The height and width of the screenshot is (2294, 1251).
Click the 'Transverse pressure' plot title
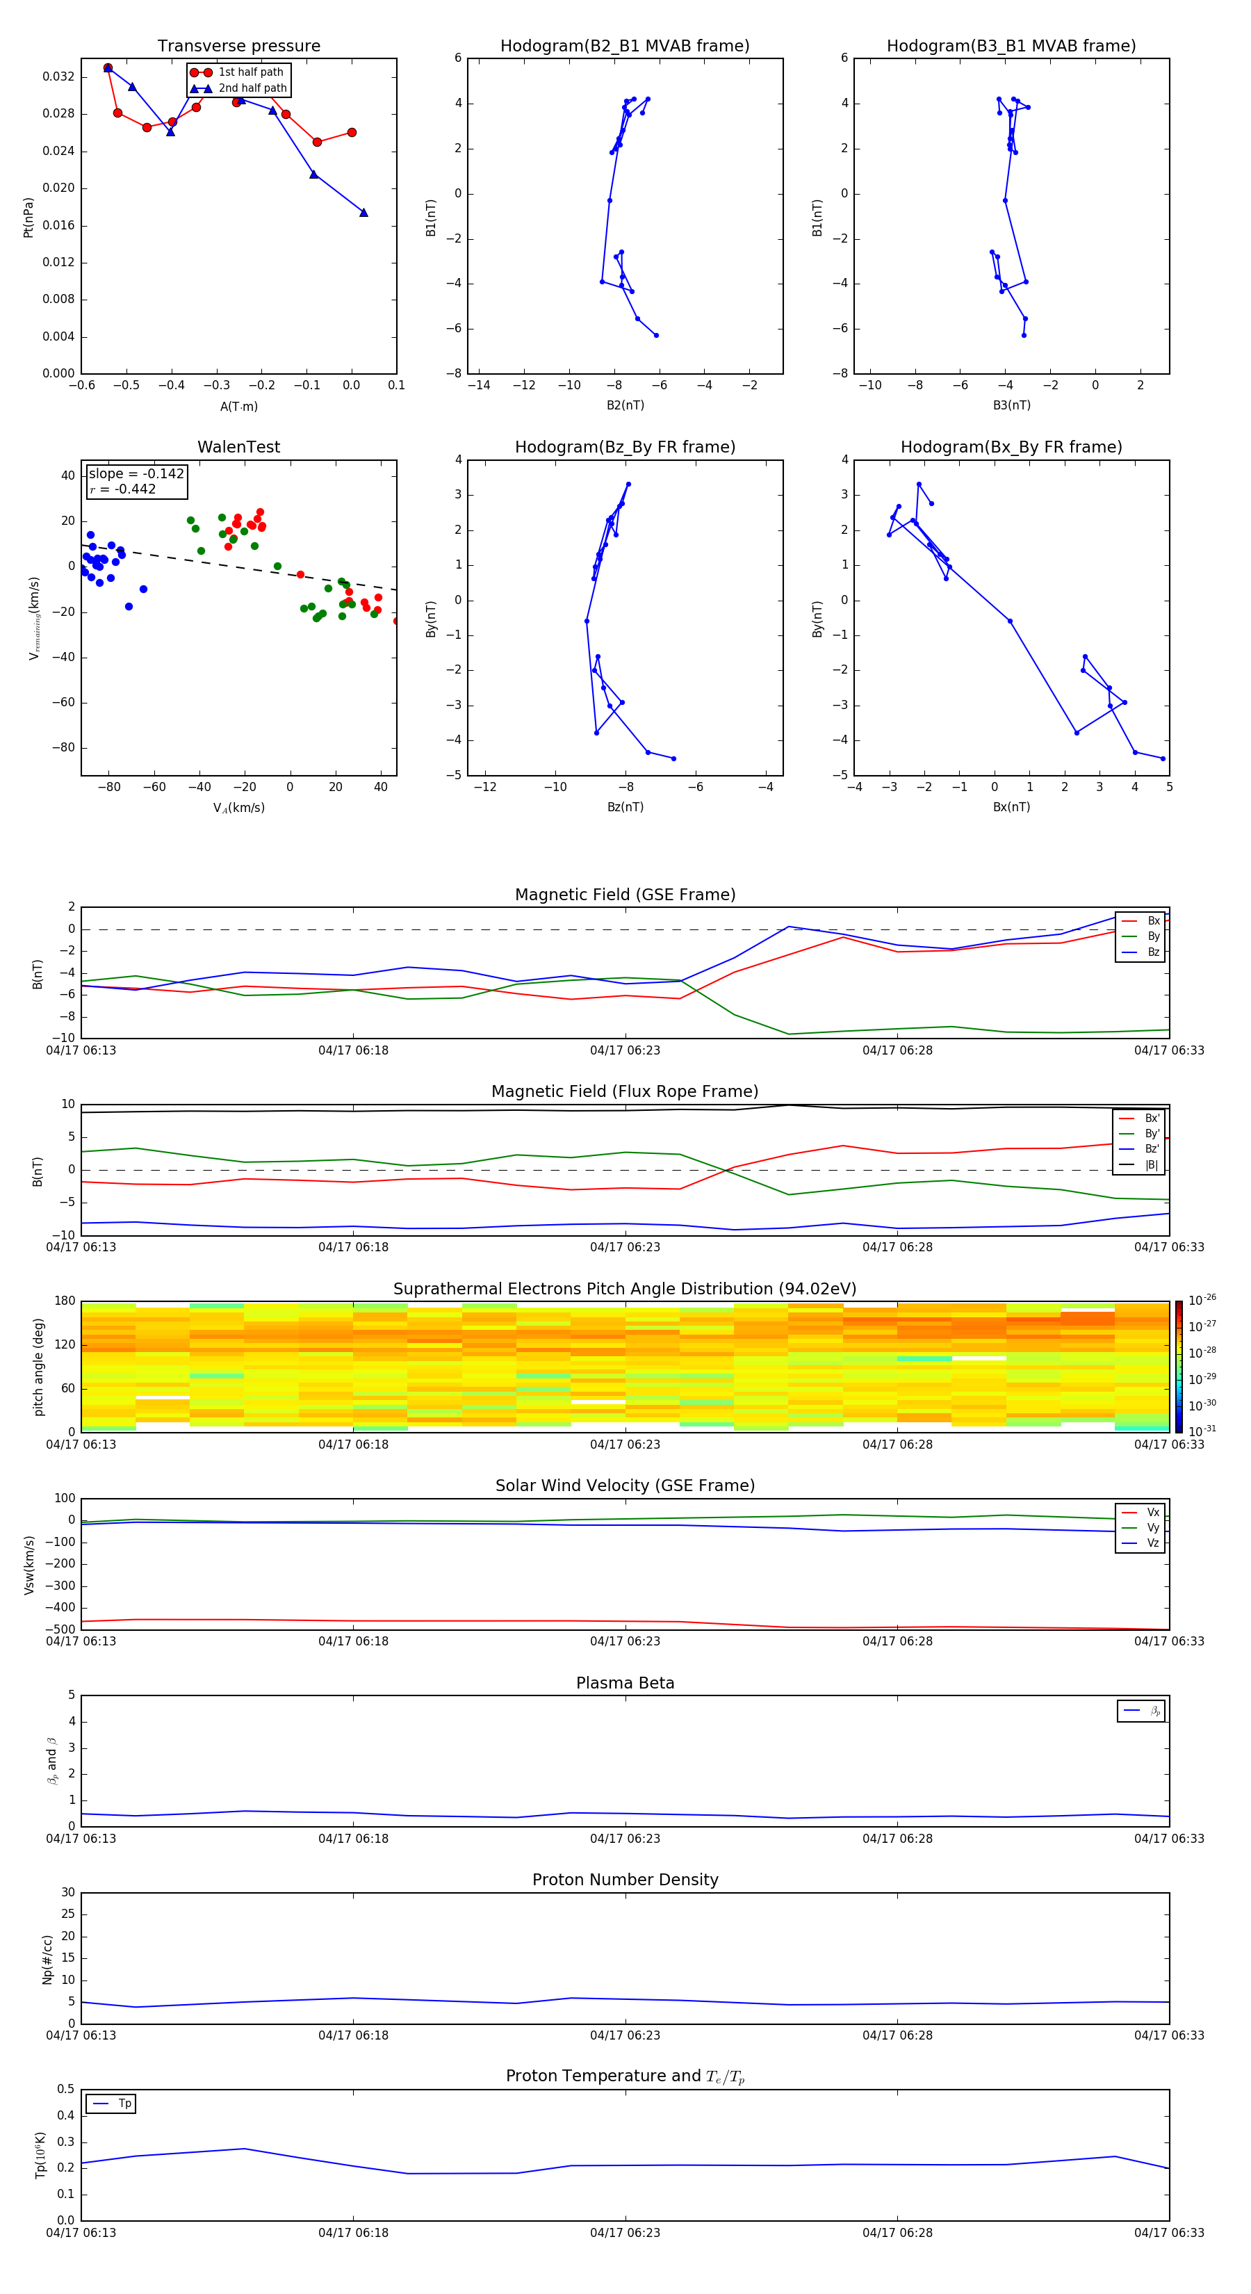click(x=238, y=47)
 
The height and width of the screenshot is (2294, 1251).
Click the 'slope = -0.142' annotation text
click(x=136, y=474)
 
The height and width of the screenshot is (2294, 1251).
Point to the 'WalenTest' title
click(x=238, y=447)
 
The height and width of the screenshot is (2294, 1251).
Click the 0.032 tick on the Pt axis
click(x=59, y=76)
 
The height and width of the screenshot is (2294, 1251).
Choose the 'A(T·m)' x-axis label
click(x=238, y=407)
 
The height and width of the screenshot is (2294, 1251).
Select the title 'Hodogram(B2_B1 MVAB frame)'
click(x=624, y=47)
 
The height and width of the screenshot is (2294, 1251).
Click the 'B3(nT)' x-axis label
click(x=1011, y=405)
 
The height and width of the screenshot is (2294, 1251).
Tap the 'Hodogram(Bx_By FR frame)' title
click(x=1011, y=447)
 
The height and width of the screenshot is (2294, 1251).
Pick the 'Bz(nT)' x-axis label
click(x=625, y=807)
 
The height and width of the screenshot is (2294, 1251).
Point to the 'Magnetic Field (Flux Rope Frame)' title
click(x=624, y=1092)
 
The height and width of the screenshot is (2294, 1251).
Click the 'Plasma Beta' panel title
click(x=624, y=1683)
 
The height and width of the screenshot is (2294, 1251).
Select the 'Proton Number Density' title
click(x=624, y=1880)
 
